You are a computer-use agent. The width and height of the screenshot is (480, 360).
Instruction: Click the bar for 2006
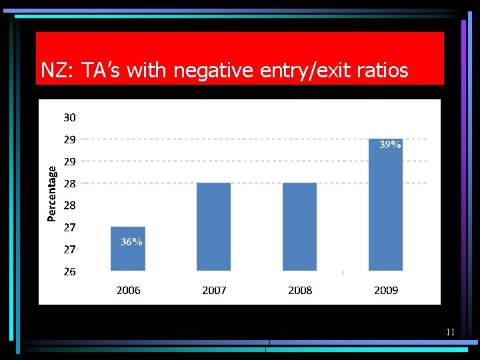click(x=127, y=257)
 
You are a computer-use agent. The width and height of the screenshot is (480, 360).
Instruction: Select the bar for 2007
click(x=213, y=227)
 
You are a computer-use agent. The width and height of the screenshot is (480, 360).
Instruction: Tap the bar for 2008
click(x=299, y=227)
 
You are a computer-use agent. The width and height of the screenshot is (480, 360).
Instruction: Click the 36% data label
click(x=131, y=242)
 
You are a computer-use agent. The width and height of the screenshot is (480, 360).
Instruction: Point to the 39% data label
click(x=390, y=144)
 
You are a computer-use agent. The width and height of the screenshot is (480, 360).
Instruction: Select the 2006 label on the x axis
click(x=128, y=290)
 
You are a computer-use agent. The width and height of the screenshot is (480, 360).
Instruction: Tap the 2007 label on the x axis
click(x=214, y=290)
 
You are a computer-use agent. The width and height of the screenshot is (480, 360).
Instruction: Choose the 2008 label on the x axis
click(x=300, y=290)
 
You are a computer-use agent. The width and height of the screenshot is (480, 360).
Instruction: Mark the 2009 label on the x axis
click(x=386, y=290)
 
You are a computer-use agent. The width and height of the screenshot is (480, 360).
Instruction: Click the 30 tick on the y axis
click(x=69, y=117)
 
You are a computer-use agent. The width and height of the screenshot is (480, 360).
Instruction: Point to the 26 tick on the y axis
click(x=69, y=272)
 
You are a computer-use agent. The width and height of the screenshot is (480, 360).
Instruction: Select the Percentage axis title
click(x=52, y=193)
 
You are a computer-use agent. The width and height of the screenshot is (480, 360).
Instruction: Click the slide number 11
click(x=450, y=332)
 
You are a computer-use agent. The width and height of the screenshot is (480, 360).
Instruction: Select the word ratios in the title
click(x=383, y=70)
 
